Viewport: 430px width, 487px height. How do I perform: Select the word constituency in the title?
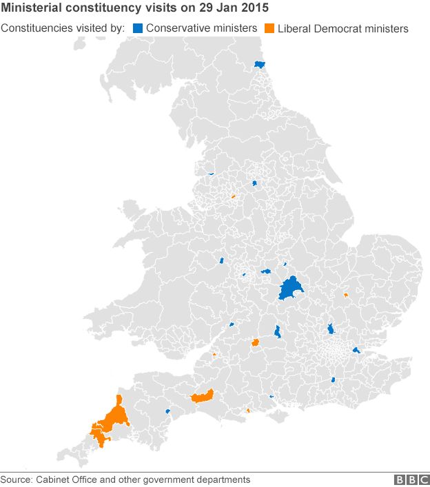pos(103,9)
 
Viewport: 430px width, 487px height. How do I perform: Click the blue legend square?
pos(137,28)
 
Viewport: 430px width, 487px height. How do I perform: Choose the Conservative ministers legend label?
pos(201,28)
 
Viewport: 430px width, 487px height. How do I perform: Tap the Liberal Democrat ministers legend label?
pos(342,28)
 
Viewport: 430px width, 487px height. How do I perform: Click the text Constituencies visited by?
pos(63,28)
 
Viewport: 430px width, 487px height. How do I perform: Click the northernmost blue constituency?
pos(260,64)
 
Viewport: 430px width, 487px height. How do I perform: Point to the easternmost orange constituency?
pos(346,295)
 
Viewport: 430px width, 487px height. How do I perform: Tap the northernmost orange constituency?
pos(234,196)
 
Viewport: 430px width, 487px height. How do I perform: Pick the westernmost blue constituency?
pos(167,412)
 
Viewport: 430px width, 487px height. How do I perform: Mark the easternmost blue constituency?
pos(356,351)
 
